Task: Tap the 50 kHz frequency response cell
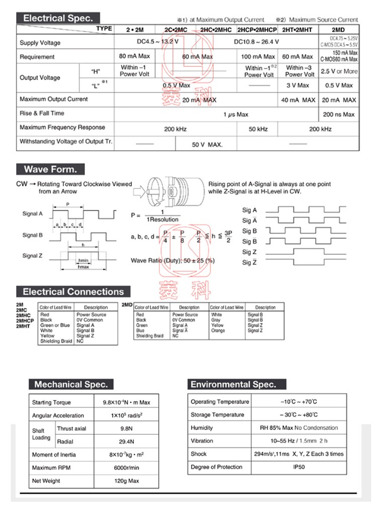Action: tap(258, 129)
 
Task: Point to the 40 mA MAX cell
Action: tap(298, 100)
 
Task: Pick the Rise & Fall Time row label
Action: tap(42, 114)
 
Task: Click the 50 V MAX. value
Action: tap(207, 145)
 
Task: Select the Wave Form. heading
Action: tap(50, 169)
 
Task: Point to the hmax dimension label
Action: tap(83, 267)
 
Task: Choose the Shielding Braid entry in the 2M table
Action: tap(56, 341)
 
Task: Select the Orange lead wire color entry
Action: tap(218, 331)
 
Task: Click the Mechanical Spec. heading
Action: tap(71, 384)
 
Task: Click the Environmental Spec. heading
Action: tap(233, 384)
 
